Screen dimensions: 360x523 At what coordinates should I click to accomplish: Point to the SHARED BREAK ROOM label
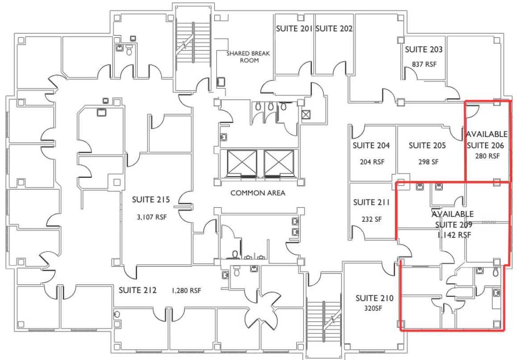tap(248, 57)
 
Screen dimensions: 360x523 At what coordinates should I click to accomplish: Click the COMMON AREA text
tap(257, 193)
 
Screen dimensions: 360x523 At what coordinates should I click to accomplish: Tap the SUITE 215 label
tap(151, 199)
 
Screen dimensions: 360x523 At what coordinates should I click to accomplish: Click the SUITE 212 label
tap(137, 290)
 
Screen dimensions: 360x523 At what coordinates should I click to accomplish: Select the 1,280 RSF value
tap(186, 291)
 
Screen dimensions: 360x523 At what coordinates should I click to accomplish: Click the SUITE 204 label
tap(371, 145)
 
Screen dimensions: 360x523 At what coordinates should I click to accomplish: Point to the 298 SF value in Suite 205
tap(427, 161)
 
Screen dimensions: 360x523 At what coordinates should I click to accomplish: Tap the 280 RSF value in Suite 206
tap(487, 156)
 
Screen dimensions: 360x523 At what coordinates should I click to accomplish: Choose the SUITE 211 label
tap(371, 203)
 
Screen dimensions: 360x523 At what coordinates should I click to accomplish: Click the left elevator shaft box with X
tap(242, 163)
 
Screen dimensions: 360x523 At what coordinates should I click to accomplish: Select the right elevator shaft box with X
tap(279, 163)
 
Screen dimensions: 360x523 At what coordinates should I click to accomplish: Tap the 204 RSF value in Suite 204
tap(372, 162)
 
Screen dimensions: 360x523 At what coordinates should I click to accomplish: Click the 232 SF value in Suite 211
tap(371, 219)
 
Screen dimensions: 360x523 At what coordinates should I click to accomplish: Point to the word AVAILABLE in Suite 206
tap(487, 134)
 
